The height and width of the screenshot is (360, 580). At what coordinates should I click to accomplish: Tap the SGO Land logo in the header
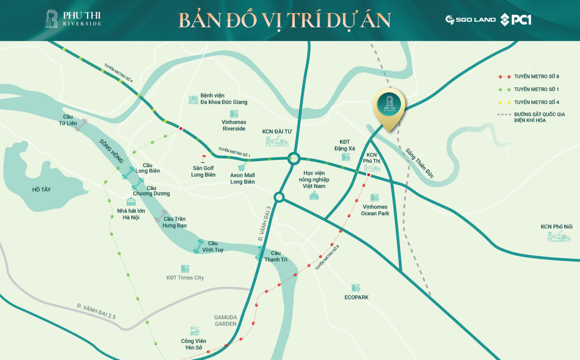471,19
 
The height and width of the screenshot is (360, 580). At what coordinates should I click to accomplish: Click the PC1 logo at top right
516,19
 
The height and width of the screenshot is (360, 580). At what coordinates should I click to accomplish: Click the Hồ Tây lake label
41,190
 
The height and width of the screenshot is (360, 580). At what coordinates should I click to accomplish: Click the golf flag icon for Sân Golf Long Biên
203,158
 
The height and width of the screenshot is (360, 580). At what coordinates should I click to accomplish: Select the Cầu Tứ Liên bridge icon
82,126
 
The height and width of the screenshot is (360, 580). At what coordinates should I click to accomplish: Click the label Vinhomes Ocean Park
375,210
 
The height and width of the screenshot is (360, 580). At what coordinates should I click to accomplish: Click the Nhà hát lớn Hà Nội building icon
131,202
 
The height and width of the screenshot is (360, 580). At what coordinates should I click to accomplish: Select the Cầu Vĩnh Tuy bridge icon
198,247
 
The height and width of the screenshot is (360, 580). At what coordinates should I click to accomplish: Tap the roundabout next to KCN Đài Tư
294,158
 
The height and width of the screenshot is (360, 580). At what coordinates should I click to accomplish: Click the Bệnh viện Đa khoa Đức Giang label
224,99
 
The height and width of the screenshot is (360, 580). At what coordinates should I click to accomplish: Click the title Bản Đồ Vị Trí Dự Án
284,20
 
